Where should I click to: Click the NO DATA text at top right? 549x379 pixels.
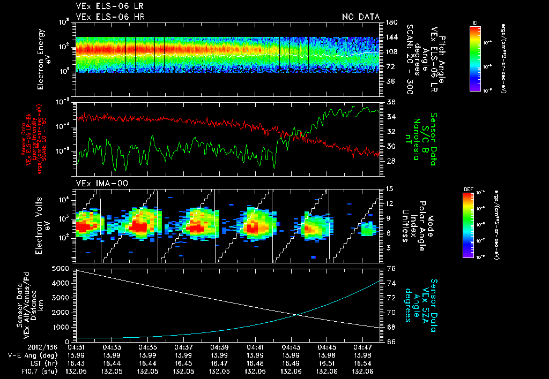360,17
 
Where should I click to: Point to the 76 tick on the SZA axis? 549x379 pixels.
391,269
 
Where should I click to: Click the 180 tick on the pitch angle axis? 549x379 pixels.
391,22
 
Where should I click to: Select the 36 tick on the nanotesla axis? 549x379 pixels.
391,102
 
